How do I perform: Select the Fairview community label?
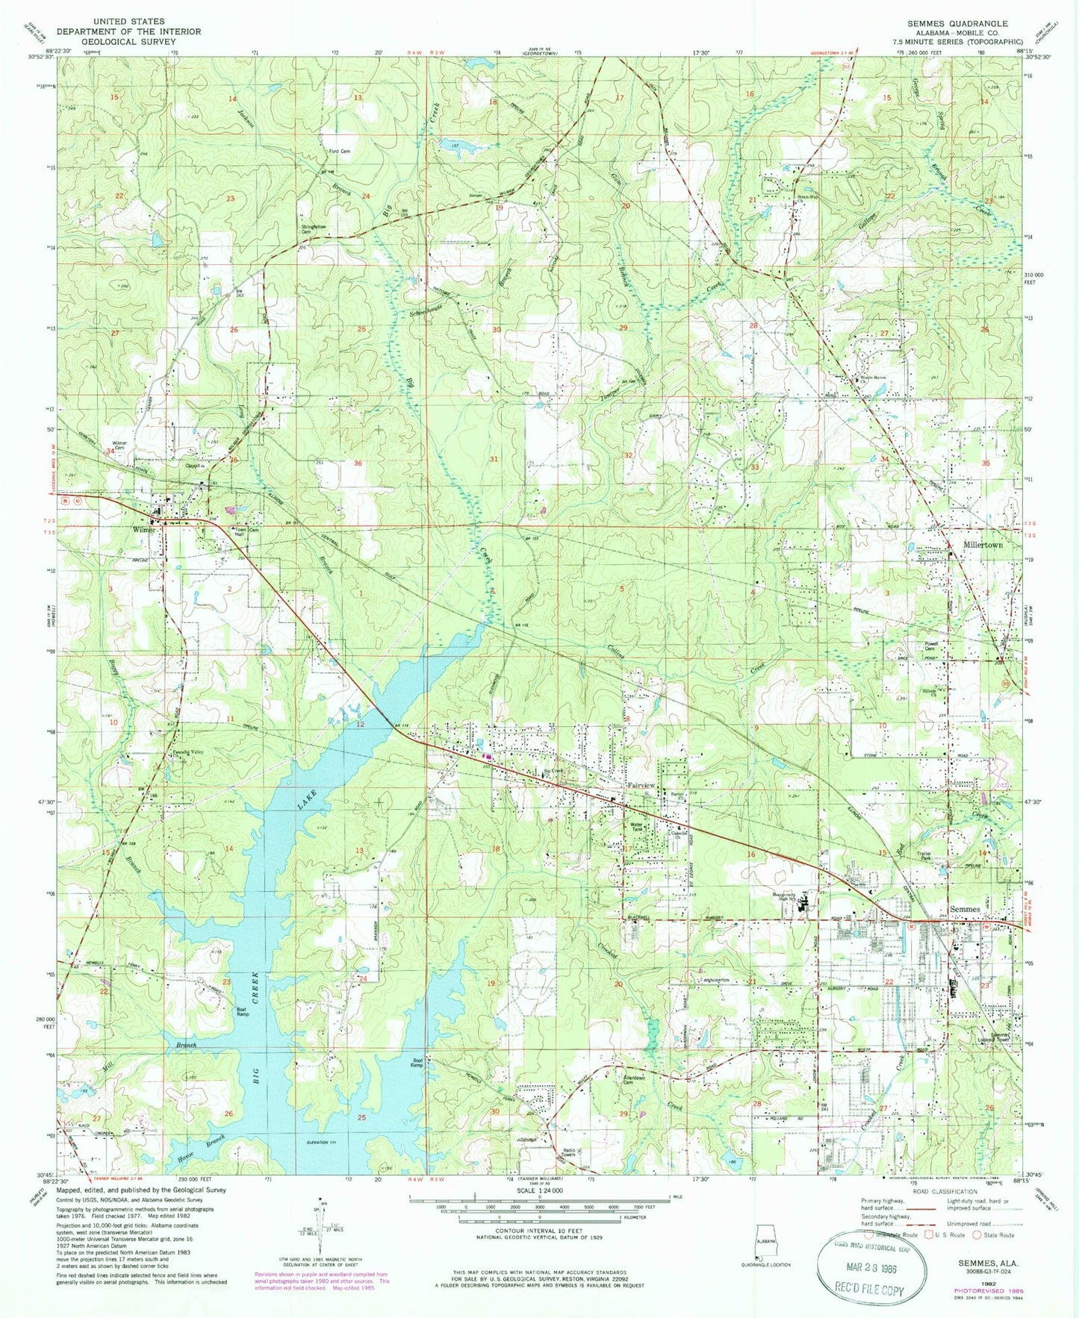(x=641, y=786)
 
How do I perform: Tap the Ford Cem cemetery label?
(x=340, y=152)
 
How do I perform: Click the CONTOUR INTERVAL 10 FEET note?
(x=538, y=1232)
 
